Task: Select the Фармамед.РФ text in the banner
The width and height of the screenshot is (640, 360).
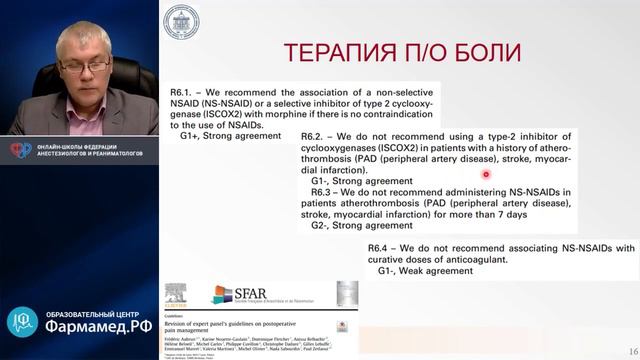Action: point(98,326)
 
